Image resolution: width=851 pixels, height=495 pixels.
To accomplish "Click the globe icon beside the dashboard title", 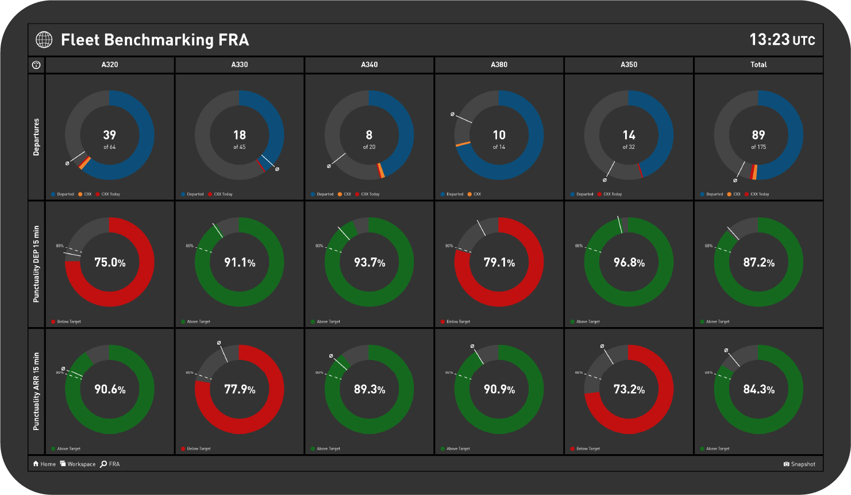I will (44, 40).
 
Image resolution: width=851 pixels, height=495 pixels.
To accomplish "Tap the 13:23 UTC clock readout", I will (782, 40).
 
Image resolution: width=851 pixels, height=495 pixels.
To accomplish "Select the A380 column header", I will (499, 65).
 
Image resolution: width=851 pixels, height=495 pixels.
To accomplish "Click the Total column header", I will (758, 65).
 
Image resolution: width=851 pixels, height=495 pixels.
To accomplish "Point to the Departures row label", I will (36, 137).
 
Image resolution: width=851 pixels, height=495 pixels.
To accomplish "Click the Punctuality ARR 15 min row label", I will (36, 391).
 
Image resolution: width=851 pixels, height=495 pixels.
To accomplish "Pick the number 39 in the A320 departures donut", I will (109, 135).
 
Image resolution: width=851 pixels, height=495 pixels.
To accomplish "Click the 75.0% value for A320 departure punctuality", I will (110, 263).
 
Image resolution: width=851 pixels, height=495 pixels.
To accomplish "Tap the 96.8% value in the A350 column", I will (629, 263).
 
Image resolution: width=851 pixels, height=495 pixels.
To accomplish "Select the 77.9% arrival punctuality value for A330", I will (240, 390).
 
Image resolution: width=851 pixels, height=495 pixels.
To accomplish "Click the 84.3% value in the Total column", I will (758, 390).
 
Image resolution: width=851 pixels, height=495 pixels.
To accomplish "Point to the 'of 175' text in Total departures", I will (758, 147).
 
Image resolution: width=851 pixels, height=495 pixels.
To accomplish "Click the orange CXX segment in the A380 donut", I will (463, 144).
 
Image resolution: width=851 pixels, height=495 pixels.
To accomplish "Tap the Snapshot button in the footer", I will (799, 464).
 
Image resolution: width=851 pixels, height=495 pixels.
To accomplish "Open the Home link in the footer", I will (44, 464).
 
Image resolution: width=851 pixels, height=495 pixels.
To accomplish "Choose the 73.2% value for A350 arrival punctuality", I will (629, 390).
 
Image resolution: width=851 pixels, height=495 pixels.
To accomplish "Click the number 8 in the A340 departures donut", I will (369, 135).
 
